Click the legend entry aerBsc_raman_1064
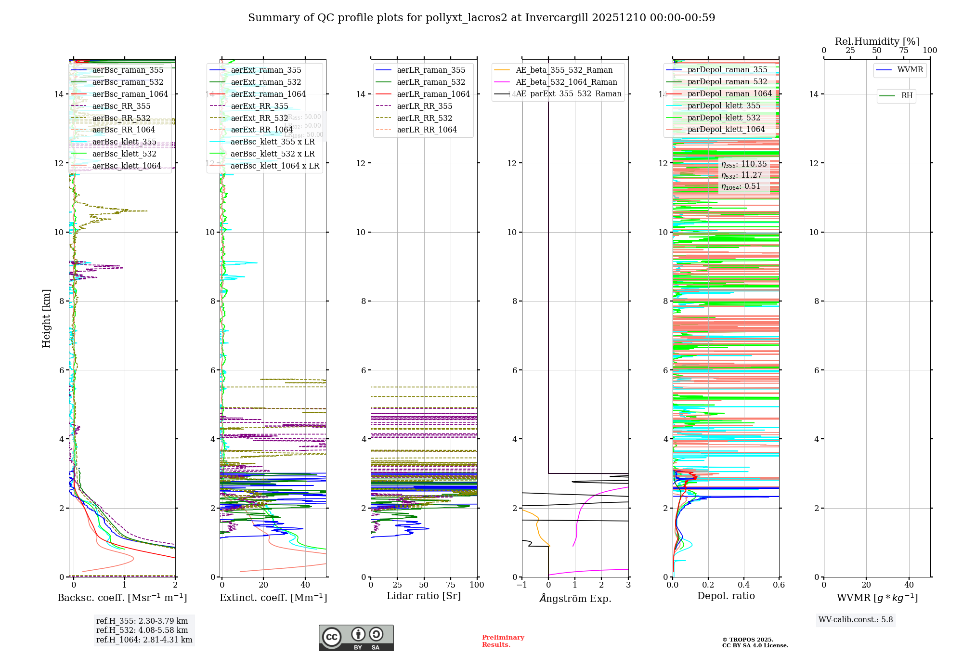[130, 94]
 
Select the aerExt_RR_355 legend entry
[259, 106]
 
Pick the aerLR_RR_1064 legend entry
[427, 130]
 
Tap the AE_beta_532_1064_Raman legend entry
[566, 82]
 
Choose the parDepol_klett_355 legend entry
[724, 106]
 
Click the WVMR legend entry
[910, 70]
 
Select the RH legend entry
[907, 96]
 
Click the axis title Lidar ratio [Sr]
[424, 596]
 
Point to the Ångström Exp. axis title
[575, 598]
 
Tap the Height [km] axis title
[46, 318]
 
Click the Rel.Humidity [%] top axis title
[877, 41]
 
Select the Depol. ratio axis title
[726, 596]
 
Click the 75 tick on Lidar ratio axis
[451, 585]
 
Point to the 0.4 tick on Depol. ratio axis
[743, 585]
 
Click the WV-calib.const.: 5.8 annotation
[856, 620]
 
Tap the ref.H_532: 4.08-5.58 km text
[142, 630]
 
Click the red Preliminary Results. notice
[503, 641]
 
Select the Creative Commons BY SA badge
[356, 638]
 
